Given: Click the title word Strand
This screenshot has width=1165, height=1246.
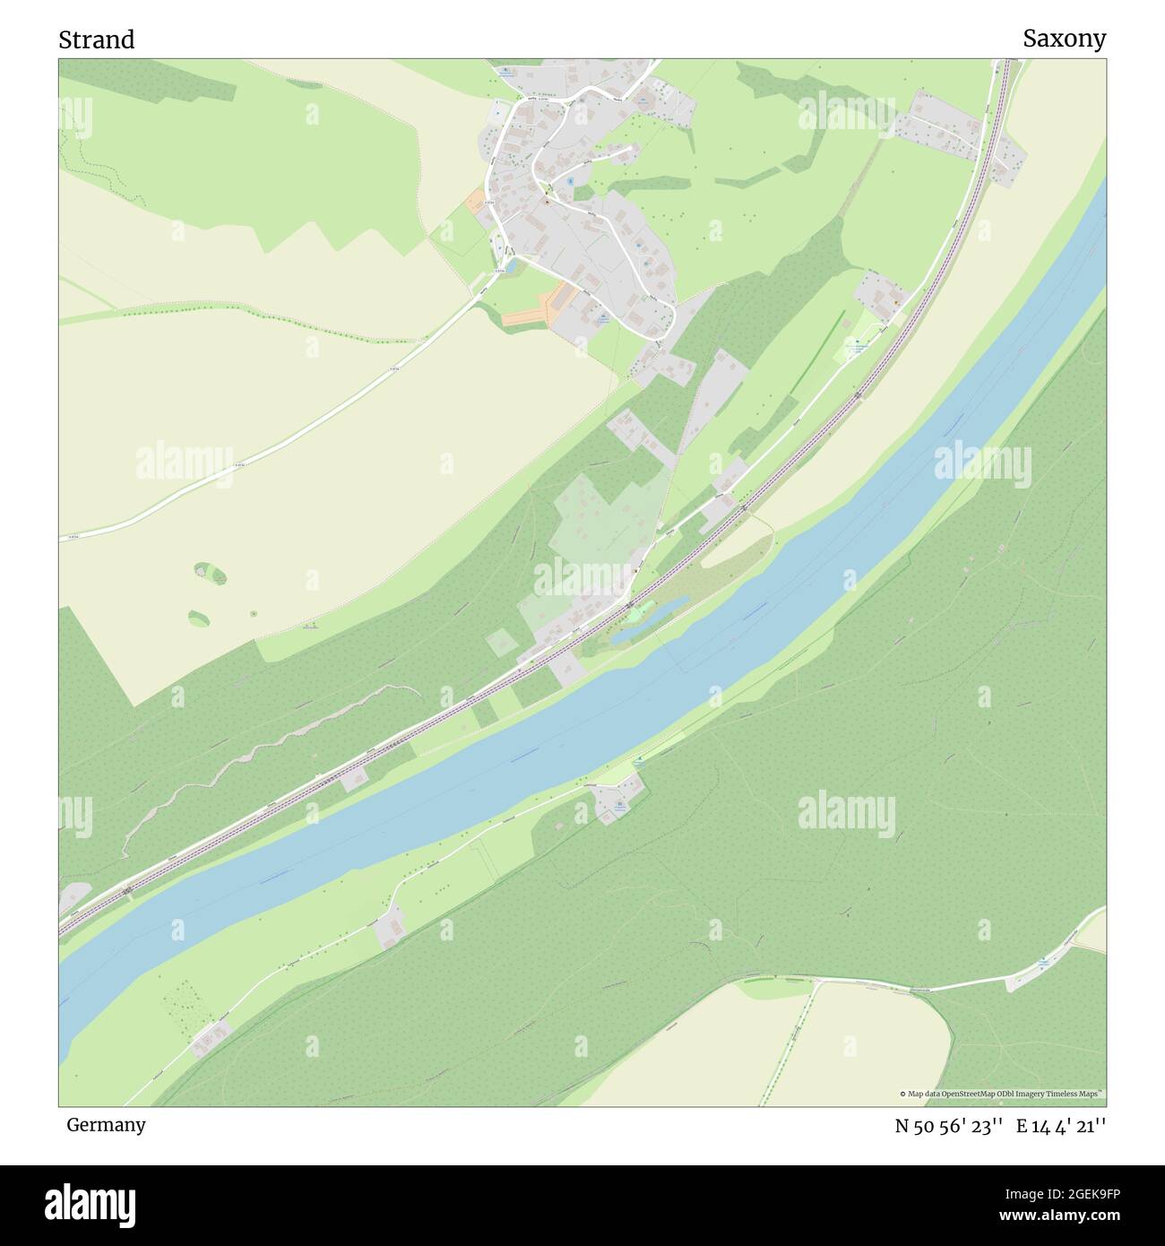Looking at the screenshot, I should [x=97, y=39].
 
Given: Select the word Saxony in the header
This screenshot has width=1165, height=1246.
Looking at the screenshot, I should [x=1064, y=39].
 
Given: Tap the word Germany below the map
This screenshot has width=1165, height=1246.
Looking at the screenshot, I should [x=106, y=1124].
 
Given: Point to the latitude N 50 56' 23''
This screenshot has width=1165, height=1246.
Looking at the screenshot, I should [x=948, y=1126].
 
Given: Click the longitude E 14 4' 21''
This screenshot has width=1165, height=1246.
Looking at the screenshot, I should [x=1061, y=1126].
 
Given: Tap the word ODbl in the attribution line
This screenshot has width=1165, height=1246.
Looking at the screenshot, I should [x=998, y=1094].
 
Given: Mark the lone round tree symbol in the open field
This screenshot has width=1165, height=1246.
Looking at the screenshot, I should [x=254, y=613].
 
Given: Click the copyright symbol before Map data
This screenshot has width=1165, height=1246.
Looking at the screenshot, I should [x=902, y=1094].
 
